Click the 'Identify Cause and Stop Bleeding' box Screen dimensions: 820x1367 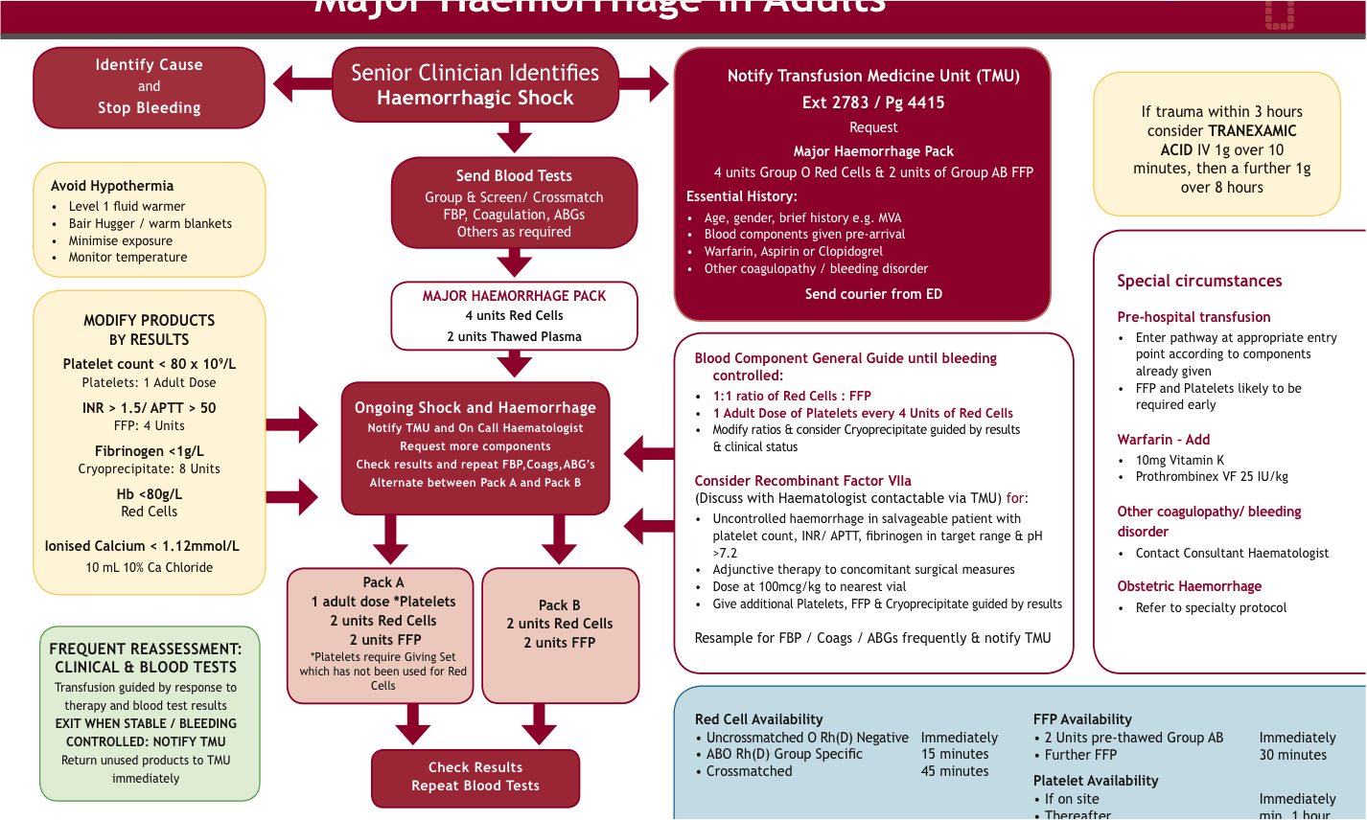click(149, 87)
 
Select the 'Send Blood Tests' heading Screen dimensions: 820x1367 click(514, 176)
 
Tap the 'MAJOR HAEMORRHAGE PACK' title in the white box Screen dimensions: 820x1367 click(514, 296)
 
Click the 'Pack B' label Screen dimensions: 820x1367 click(559, 605)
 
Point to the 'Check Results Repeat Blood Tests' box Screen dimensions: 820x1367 click(475, 777)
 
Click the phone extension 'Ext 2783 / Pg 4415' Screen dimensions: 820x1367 click(872, 102)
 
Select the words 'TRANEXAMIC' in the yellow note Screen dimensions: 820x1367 click(1252, 131)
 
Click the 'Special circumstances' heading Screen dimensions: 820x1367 click(1198, 281)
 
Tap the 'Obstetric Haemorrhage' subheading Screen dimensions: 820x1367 click(1189, 586)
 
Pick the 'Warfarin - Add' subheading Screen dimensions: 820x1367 click(1163, 440)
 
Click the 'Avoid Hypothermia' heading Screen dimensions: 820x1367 click(112, 186)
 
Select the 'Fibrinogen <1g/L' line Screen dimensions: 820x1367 click(149, 451)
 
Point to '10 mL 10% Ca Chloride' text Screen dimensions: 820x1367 click(149, 567)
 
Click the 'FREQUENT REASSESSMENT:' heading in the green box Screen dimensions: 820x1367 click(145, 649)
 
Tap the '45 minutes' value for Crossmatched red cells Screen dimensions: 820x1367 click(954, 771)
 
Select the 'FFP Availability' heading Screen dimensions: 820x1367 click(1081, 719)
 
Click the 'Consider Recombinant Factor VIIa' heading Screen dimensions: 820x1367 click(802, 481)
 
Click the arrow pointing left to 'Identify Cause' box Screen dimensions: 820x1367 click(300, 84)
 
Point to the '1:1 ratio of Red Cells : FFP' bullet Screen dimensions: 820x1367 click(791, 396)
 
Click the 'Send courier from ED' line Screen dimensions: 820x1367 click(872, 294)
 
